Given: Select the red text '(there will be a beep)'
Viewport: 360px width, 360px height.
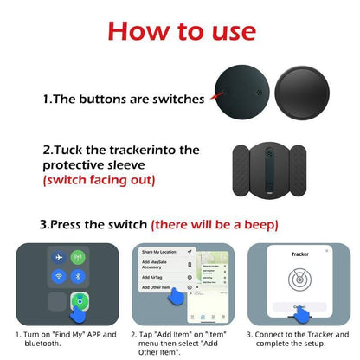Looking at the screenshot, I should (215, 224).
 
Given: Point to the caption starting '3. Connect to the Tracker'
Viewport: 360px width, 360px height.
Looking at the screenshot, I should (298, 338).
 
